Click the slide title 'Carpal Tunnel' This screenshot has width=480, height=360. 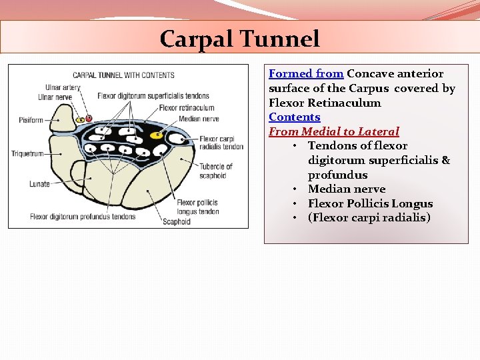[240, 39]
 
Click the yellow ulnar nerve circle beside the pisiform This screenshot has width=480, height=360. [79, 120]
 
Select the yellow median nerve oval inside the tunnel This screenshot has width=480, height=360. [157, 135]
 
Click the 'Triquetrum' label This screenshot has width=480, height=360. [27, 154]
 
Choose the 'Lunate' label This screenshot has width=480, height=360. [39, 184]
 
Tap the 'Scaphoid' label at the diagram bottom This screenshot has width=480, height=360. [177, 221]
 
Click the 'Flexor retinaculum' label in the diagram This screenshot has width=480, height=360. [187, 107]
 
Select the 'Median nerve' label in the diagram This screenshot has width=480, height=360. [199, 119]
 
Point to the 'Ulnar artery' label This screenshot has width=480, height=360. [63, 87]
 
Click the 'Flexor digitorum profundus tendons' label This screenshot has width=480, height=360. [83, 216]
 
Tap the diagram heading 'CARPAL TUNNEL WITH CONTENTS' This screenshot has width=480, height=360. [123, 75]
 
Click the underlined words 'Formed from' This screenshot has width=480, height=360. [306, 74]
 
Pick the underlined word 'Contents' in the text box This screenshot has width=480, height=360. [294, 117]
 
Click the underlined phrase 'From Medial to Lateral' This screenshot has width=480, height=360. [333, 132]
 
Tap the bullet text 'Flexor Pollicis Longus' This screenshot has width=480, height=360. [370, 204]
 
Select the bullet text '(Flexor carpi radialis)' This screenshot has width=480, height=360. [369, 218]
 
